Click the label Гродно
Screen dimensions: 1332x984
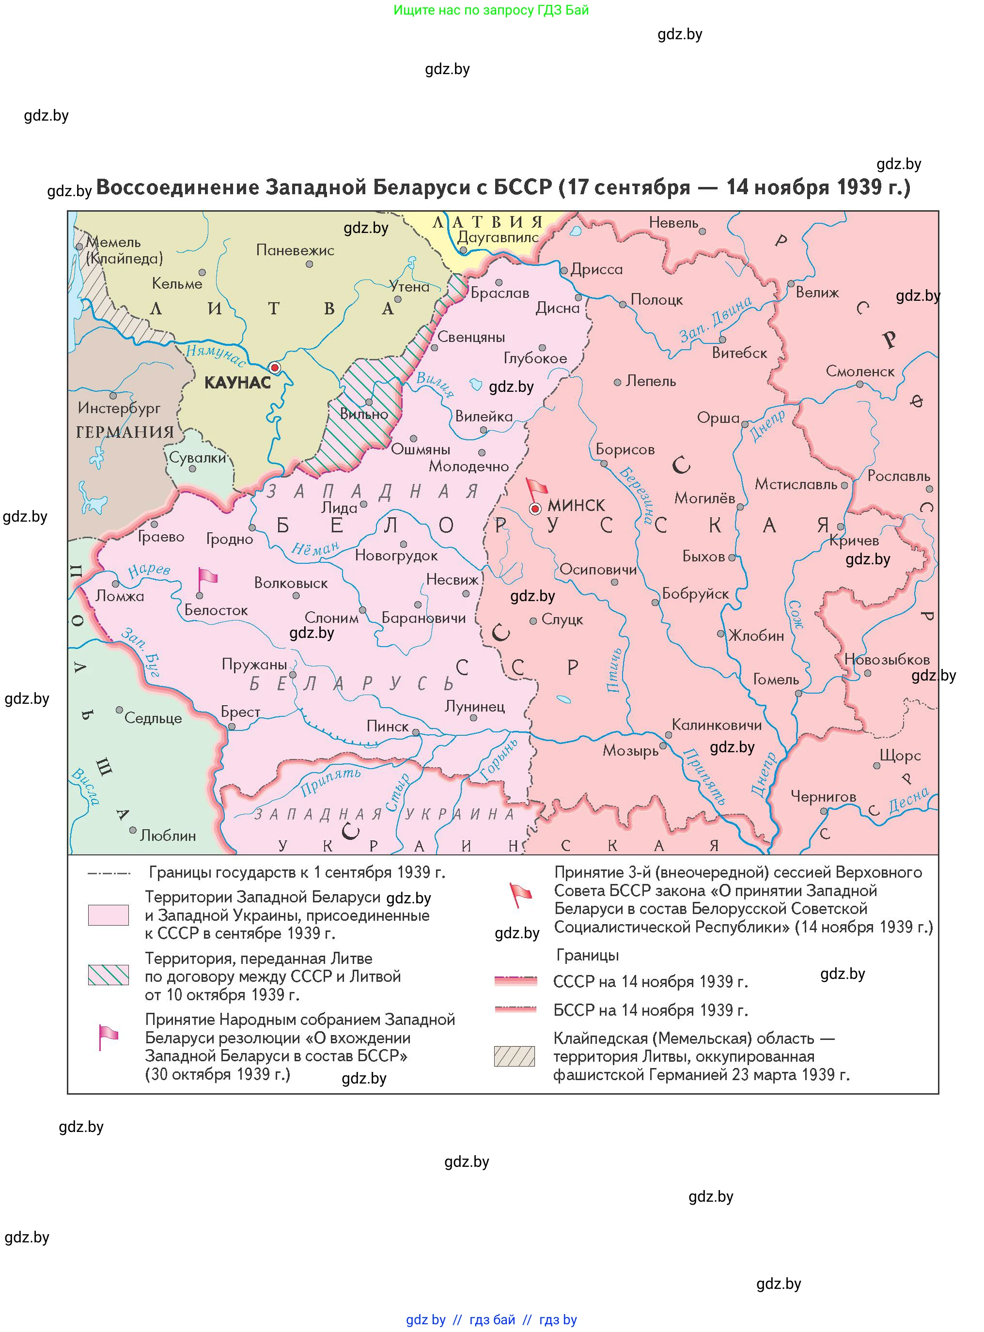coord(229,540)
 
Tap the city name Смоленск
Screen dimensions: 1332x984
coord(859,372)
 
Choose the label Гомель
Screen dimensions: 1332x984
coord(776,680)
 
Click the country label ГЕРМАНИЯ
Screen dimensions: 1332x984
coord(125,432)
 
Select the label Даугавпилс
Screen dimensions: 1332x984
coord(498,237)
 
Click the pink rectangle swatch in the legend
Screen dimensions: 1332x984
coord(109,914)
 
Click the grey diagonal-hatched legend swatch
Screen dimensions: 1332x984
coord(514,1056)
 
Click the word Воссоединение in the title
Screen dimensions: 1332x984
coord(177,187)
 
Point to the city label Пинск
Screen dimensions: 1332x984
coord(387,727)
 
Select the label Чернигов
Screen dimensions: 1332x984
coord(823,797)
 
